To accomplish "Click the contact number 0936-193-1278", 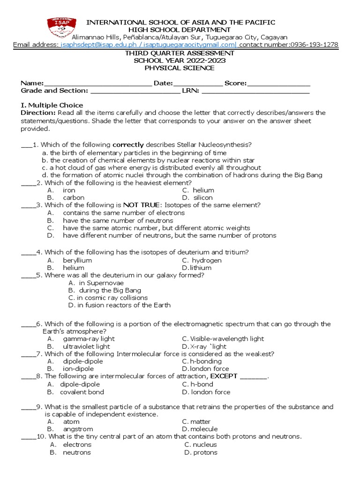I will pyautogui.click(x=314, y=45).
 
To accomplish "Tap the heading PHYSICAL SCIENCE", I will pyautogui.click(x=180, y=68).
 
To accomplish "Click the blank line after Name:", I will pyautogui.click(x=98, y=83).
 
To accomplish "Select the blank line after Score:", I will pyautogui.click(x=278, y=83).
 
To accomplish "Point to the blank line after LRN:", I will pyautogui.click(x=255, y=91).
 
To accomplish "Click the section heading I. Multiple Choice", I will pyautogui.click(x=52, y=105).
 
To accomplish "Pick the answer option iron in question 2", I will pyautogui.click(x=69, y=190).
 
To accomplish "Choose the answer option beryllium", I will pyautogui.click(x=77, y=260).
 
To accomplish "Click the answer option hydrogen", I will pyautogui.click(x=207, y=260).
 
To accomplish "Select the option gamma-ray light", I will pyautogui.click(x=89, y=338).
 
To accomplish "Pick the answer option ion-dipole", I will pyautogui.click(x=78, y=369).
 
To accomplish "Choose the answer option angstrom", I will pyautogui.click(x=78, y=429).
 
